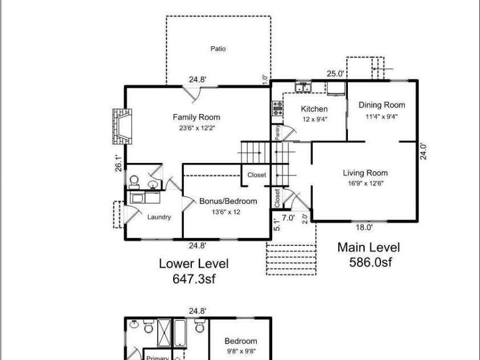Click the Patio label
[218, 48]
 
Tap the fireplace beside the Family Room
[122, 126]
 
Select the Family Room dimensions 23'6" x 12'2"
[197, 128]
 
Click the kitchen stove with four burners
[278, 108]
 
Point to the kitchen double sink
[303, 87]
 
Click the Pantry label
[278, 132]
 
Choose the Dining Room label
[381, 105]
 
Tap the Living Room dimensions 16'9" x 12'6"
[365, 183]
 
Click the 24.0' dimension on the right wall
[424, 151]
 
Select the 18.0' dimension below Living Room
[364, 227]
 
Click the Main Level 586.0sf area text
[369, 255]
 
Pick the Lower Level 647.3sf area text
[194, 271]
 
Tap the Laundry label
[159, 217]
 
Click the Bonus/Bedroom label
[228, 201]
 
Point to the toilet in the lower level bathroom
[134, 182]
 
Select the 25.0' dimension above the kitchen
[335, 74]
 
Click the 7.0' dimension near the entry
[288, 218]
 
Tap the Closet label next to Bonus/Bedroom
[257, 175]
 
